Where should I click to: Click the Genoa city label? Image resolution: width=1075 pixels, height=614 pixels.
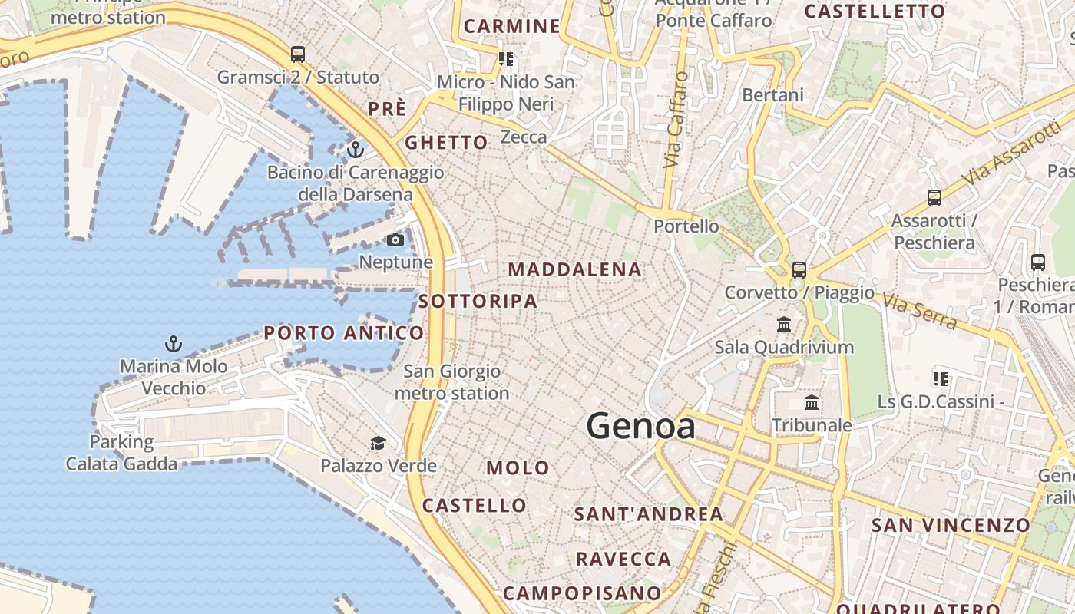click(641, 427)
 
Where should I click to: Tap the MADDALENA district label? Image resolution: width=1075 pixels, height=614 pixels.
click(574, 269)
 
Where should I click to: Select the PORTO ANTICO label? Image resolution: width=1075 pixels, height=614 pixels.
click(343, 333)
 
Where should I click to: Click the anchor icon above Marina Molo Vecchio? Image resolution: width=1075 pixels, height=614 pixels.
click(174, 343)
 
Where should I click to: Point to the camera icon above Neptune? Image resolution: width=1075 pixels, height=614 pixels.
click(395, 240)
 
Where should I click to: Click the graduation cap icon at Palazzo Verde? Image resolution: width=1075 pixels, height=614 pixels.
click(378, 443)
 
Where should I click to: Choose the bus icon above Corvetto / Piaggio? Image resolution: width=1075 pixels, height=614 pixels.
click(799, 269)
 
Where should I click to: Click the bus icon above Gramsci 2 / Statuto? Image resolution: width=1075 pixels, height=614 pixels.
click(298, 54)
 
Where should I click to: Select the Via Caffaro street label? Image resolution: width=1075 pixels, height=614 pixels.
click(674, 120)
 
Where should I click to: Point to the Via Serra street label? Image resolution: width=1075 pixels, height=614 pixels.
click(919, 310)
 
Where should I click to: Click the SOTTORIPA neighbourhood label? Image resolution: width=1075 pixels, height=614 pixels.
click(478, 302)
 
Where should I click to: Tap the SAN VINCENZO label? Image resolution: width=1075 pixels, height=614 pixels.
click(950, 526)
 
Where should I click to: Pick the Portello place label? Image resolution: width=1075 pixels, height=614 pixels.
click(686, 226)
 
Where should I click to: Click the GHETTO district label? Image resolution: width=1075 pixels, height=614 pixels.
click(446, 143)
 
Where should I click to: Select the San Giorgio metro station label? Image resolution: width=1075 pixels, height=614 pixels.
click(451, 382)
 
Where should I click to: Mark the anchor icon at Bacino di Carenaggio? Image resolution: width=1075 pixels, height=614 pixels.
click(355, 150)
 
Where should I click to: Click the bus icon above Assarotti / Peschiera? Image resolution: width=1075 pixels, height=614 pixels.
click(934, 198)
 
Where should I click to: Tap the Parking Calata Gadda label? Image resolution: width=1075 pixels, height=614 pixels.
click(121, 453)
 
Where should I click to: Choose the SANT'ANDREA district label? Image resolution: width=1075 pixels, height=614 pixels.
click(649, 514)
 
